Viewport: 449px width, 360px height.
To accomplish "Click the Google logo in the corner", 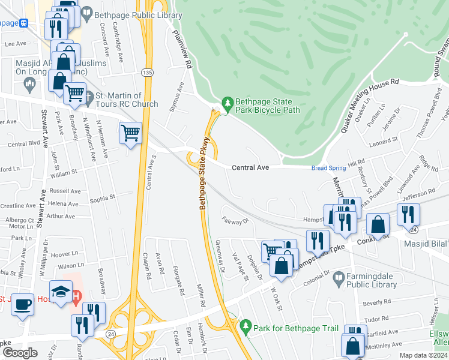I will pos(20,353).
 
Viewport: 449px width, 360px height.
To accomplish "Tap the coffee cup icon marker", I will pos(23,304).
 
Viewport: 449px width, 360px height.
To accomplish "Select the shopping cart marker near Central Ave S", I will pos(131,131).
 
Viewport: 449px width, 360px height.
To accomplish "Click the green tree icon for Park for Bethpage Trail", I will pos(245,326).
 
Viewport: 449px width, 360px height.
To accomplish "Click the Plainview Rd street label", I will pos(181,49).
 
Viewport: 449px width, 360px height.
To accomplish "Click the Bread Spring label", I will pos(328,168).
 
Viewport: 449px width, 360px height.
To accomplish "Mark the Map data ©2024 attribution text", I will pos(423,355).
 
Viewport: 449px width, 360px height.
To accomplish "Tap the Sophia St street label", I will pos(102,196).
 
